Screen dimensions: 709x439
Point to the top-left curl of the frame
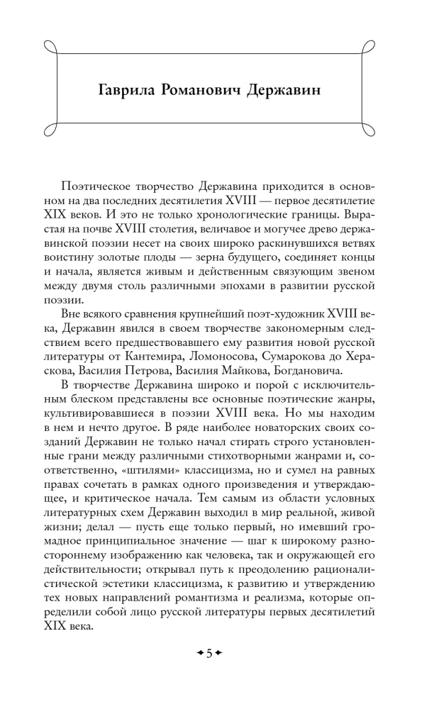tap(50, 47)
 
